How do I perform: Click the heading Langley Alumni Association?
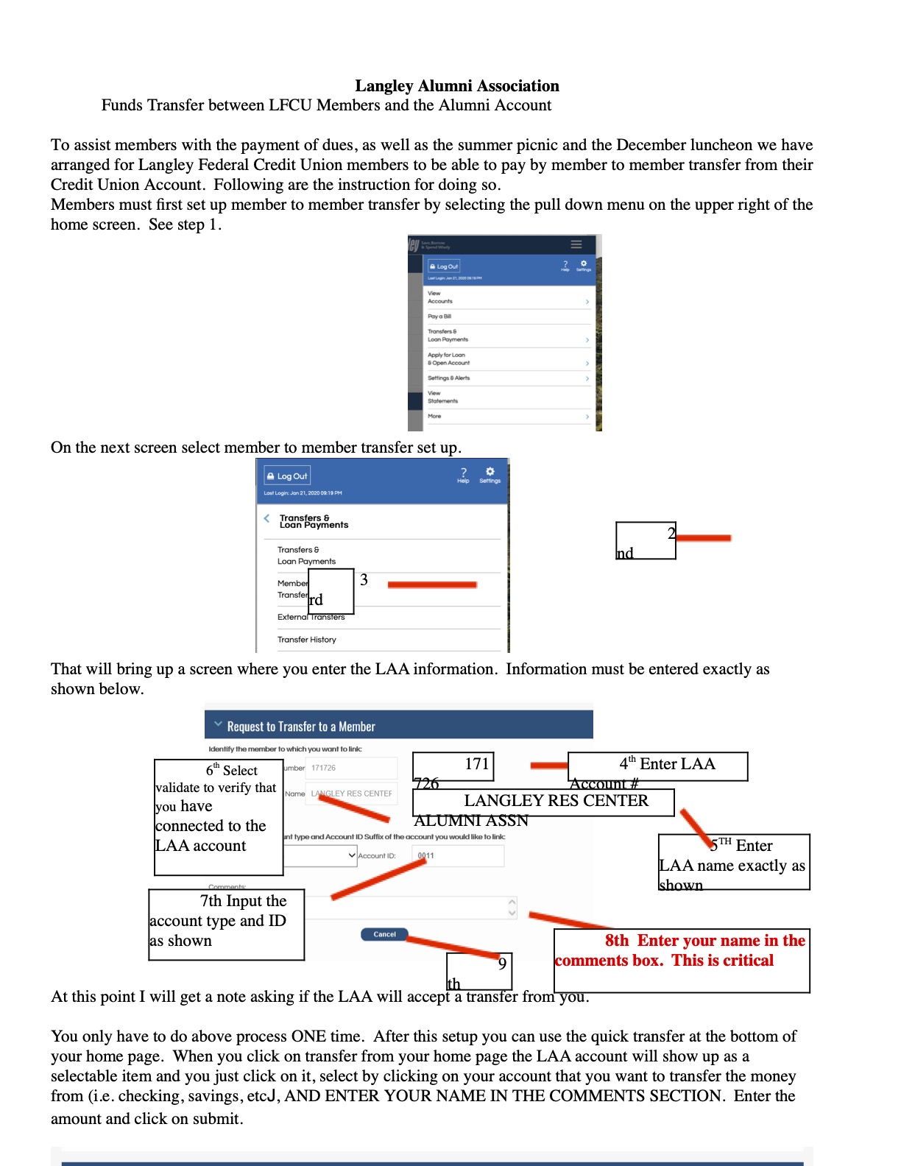(456, 86)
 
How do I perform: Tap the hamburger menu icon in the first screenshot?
(576, 244)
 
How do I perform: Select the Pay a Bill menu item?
(439, 317)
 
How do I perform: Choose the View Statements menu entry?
(442, 397)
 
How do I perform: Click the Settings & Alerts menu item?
(448, 378)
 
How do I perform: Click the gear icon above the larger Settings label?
(490, 471)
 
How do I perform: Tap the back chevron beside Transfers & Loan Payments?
(266, 518)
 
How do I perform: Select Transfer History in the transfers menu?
(306, 640)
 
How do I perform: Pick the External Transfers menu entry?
(311, 617)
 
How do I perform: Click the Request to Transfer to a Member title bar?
(398, 726)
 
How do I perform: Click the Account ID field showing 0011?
(460, 855)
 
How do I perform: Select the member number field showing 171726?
(350, 768)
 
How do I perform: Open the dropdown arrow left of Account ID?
(352, 855)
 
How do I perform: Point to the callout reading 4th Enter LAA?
(667, 764)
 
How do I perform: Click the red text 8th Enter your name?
(704, 941)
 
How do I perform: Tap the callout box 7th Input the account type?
(226, 921)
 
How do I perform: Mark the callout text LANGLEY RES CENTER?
(556, 801)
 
